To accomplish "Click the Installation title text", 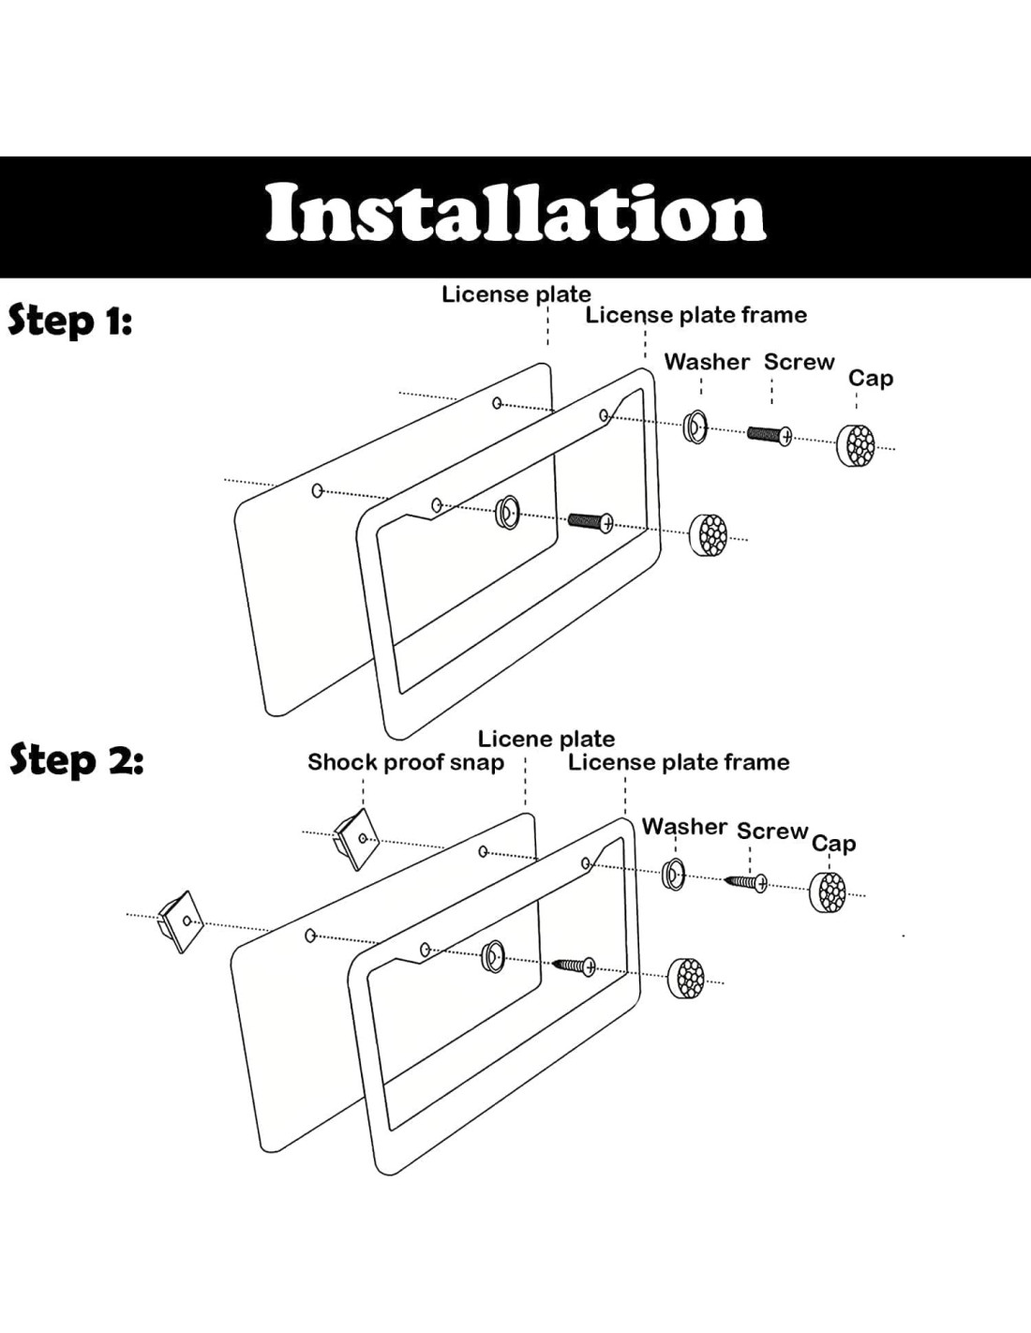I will tap(515, 214).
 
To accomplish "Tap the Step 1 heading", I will tap(70, 321).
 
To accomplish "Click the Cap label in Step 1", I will tap(870, 378).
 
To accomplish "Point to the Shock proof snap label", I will tap(405, 762).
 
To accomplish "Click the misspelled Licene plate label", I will tap(545, 739).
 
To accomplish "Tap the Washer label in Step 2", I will tap(684, 827).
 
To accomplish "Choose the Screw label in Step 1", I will tap(799, 362).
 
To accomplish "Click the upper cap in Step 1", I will tap(855, 444).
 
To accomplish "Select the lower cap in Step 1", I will tap(709, 534).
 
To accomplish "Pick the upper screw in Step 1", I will tap(770, 434).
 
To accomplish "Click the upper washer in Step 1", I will tap(695, 426).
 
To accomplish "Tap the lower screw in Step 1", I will tap(590, 520).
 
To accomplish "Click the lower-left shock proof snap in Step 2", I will tap(181, 920).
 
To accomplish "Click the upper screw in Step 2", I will tap(747, 881).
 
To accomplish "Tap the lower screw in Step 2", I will tap(575, 965).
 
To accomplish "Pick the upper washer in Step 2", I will tap(673, 874).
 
